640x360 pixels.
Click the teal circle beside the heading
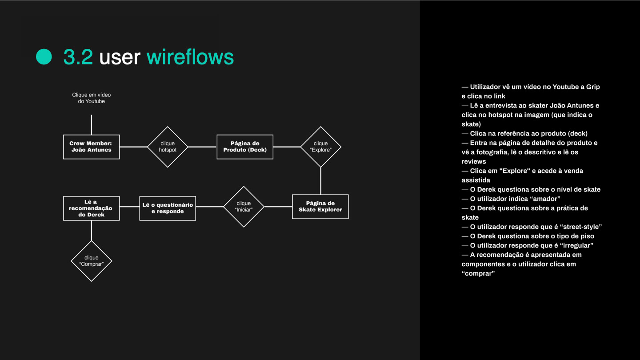click(x=44, y=56)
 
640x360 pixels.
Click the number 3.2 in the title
click(x=78, y=57)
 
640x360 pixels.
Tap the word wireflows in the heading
click(x=190, y=56)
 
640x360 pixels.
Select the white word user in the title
click(x=120, y=58)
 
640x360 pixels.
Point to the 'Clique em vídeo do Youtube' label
click(x=92, y=98)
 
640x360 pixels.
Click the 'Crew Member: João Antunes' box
click(x=92, y=147)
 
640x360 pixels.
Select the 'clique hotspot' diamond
click(x=168, y=147)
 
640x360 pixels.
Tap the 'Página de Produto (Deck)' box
click(x=245, y=147)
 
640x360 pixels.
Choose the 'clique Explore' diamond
click(x=320, y=147)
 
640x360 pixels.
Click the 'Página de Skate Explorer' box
click(x=320, y=207)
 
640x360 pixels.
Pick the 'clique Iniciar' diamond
click(x=244, y=207)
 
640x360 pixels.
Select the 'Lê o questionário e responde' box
click(x=168, y=208)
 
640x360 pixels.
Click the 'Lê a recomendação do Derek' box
click(x=92, y=208)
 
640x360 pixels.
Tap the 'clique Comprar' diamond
click(x=92, y=261)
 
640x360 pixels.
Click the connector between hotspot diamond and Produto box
click(x=202, y=147)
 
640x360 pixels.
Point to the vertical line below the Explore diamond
click(x=320, y=181)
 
